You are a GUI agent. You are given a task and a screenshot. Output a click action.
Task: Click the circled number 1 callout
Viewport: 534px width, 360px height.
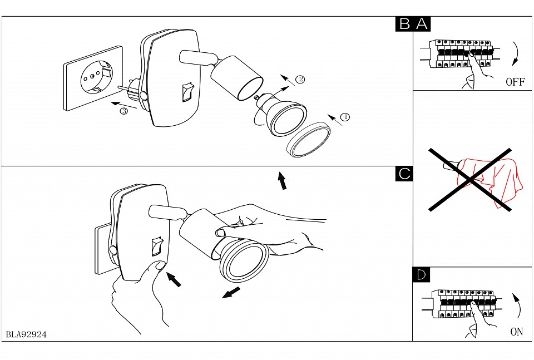[x=344, y=117]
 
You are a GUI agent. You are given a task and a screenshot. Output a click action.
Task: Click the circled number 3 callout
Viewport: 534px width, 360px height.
[x=124, y=112]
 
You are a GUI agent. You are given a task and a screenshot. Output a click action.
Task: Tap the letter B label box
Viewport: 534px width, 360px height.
[x=404, y=24]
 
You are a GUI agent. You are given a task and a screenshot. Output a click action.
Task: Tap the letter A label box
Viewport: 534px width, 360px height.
[x=422, y=24]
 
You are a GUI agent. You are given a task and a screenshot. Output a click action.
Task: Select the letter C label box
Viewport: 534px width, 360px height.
[x=404, y=174]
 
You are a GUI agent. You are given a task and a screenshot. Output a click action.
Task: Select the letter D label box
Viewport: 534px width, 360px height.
[x=422, y=274]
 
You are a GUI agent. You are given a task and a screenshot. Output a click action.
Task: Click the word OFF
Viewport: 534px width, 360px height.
[x=515, y=82]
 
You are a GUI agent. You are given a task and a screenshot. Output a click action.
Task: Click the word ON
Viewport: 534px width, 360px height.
[x=516, y=332]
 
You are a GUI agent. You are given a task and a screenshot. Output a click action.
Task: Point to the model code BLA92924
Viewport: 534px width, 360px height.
[x=26, y=334]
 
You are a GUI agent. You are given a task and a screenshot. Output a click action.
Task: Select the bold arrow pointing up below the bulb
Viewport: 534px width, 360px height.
[x=283, y=181]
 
